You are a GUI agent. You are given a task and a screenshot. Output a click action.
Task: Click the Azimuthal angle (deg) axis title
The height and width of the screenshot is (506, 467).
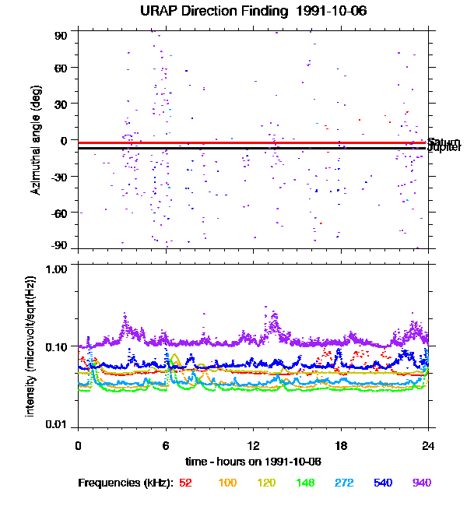pos(36,140)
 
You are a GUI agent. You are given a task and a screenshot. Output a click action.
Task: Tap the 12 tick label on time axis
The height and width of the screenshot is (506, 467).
pos(253,445)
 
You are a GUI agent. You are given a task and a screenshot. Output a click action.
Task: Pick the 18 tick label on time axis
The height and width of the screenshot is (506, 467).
pos(340,445)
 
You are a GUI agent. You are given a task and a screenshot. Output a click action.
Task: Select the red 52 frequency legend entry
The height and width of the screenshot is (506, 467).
pos(185,483)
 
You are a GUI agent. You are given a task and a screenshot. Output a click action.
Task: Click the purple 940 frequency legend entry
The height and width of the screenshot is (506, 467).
pos(421,483)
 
